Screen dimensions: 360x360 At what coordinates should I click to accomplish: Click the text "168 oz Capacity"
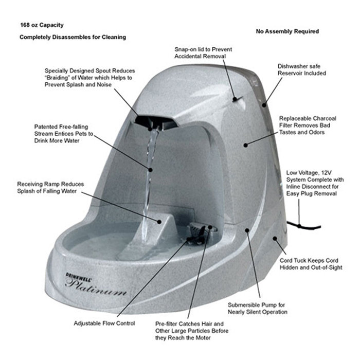(x=42, y=25)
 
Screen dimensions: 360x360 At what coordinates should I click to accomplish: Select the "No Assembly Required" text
(x=287, y=31)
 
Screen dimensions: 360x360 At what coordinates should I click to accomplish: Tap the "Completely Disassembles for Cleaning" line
(x=73, y=38)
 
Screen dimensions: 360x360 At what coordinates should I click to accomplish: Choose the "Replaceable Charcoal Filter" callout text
(x=308, y=125)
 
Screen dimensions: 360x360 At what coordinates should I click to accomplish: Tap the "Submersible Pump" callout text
(x=257, y=308)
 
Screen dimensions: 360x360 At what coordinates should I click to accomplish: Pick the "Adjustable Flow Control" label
(x=104, y=323)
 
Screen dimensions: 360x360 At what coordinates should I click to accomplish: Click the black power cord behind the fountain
(x=309, y=227)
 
